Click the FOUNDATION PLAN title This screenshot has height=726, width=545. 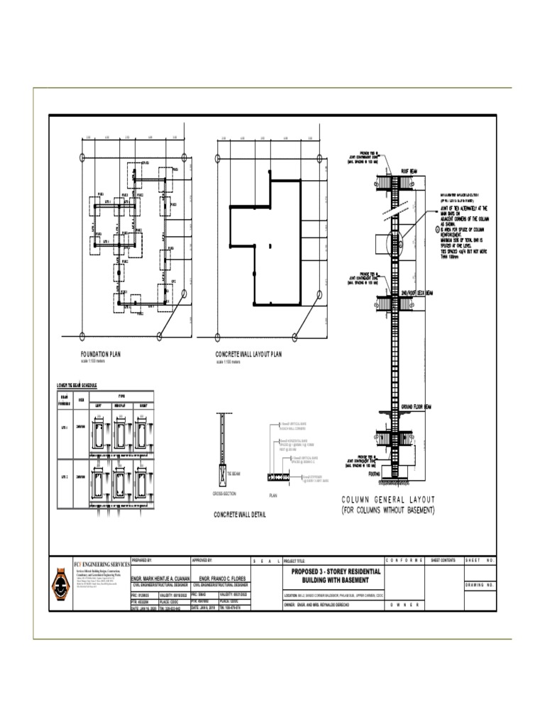[100, 353]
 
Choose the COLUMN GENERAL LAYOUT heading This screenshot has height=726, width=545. [387, 499]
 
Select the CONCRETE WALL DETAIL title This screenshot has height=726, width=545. [240, 514]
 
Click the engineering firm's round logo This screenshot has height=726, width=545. [62, 586]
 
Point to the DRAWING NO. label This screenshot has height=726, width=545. [479, 586]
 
